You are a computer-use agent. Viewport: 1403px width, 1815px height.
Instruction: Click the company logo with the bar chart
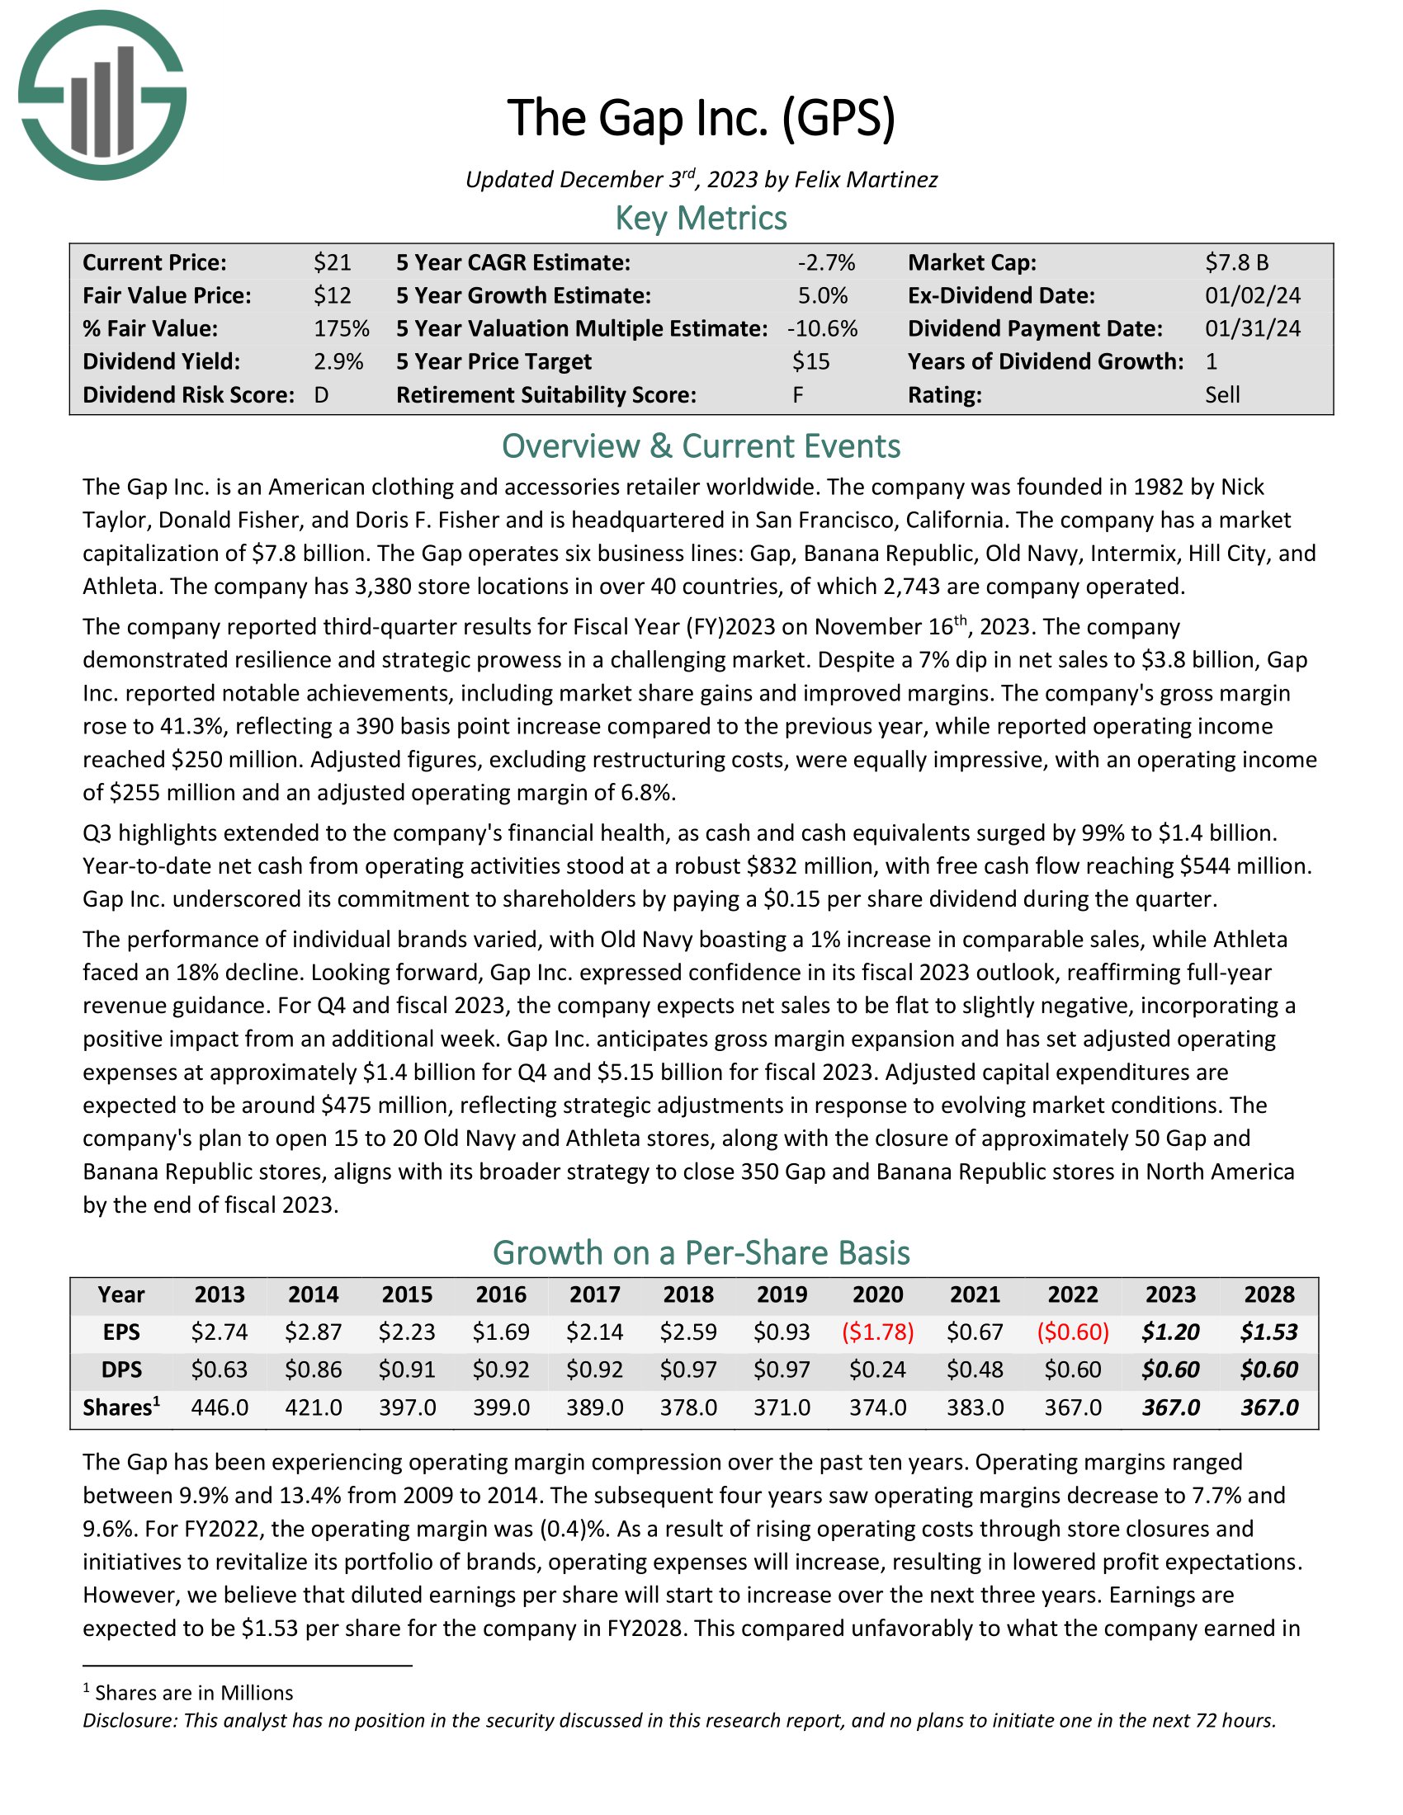coord(102,96)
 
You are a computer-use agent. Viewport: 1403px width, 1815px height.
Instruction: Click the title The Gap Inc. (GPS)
coord(701,117)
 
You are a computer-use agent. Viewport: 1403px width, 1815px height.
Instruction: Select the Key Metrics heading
coord(701,219)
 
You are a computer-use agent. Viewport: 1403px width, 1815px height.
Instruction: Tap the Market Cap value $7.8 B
coord(1237,262)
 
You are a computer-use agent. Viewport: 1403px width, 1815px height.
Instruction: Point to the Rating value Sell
coord(1221,394)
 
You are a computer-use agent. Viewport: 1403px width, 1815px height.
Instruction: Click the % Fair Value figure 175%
coord(341,328)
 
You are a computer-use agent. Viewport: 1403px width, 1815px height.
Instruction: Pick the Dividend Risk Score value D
coord(322,394)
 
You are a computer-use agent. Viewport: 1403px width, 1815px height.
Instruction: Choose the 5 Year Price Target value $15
coord(810,361)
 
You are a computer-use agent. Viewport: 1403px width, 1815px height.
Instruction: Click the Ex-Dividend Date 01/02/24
coord(1253,296)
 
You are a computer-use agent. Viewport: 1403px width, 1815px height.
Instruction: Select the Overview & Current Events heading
coord(701,446)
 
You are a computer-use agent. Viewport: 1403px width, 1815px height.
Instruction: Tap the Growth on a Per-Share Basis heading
coord(701,1252)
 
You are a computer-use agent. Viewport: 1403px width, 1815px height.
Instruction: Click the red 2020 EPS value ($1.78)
coord(878,1332)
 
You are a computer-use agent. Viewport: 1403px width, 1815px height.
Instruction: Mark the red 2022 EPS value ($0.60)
coord(1072,1332)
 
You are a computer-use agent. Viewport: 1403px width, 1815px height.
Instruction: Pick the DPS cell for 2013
coord(220,1369)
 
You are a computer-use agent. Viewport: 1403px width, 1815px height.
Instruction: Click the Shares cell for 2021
coord(975,1407)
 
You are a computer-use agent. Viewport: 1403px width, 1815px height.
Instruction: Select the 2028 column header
coord(1268,1294)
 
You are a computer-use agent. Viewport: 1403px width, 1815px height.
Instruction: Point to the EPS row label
coord(121,1332)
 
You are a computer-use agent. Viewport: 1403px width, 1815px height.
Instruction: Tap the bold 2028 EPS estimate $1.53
coord(1268,1332)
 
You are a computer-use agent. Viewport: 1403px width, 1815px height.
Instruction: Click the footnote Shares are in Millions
coord(194,1693)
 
